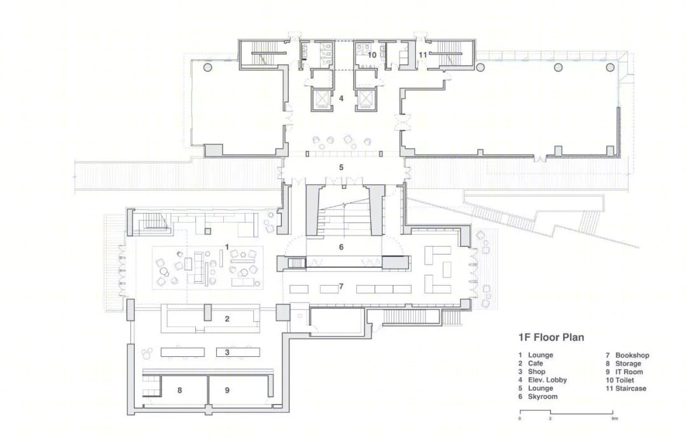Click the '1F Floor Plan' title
coord(551,337)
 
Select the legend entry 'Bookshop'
coord(632,355)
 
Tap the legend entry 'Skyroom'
coord(543,396)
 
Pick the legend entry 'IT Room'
coord(629,372)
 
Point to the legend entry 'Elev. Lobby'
coord(547,380)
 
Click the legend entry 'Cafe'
coord(536,364)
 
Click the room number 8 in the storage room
coord(179,390)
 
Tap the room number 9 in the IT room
coord(227,390)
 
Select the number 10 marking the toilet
coord(372,55)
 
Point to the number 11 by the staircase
coord(422,55)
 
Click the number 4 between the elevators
coord(341,99)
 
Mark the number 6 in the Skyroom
coord(342,247)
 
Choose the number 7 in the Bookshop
coord(341,286)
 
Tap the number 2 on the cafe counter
coord(227,319)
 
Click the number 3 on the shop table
coord(227,352)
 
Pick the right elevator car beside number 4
coord(365,99)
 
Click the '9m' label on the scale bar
coord(615,419)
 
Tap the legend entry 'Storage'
coord(628,364)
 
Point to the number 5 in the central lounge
coord(341,167)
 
